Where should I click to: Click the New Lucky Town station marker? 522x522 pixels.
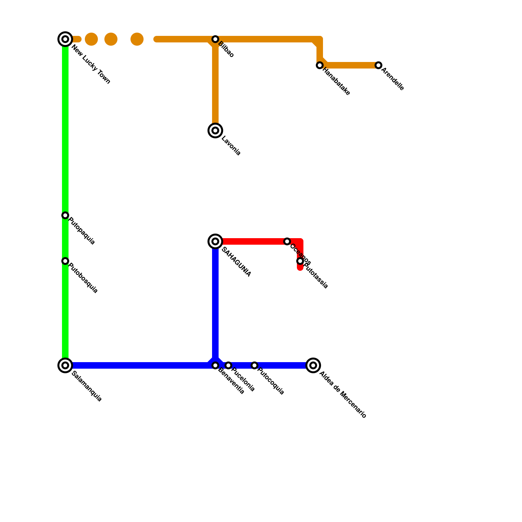65,39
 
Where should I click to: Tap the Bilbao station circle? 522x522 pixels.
215,39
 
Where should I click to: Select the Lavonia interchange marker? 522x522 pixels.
215,130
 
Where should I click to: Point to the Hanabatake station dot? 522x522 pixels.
320,65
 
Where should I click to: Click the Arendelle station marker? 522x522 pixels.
378,65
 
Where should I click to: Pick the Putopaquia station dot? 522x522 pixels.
65,215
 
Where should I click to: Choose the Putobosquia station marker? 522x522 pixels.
65,261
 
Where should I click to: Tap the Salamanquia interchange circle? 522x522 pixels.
65,365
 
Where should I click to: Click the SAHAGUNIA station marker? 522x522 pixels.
215,241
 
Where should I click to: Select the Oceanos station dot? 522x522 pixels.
287,241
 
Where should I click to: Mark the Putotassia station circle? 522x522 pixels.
300,261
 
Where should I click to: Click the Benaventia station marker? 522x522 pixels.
215,365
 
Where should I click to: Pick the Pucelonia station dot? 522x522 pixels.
228,365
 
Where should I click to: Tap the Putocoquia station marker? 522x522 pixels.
254,365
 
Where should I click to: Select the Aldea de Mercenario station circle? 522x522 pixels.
313,365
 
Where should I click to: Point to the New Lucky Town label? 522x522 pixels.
91,65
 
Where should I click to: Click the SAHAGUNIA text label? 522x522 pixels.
236,262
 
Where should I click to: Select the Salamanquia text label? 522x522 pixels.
87,386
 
